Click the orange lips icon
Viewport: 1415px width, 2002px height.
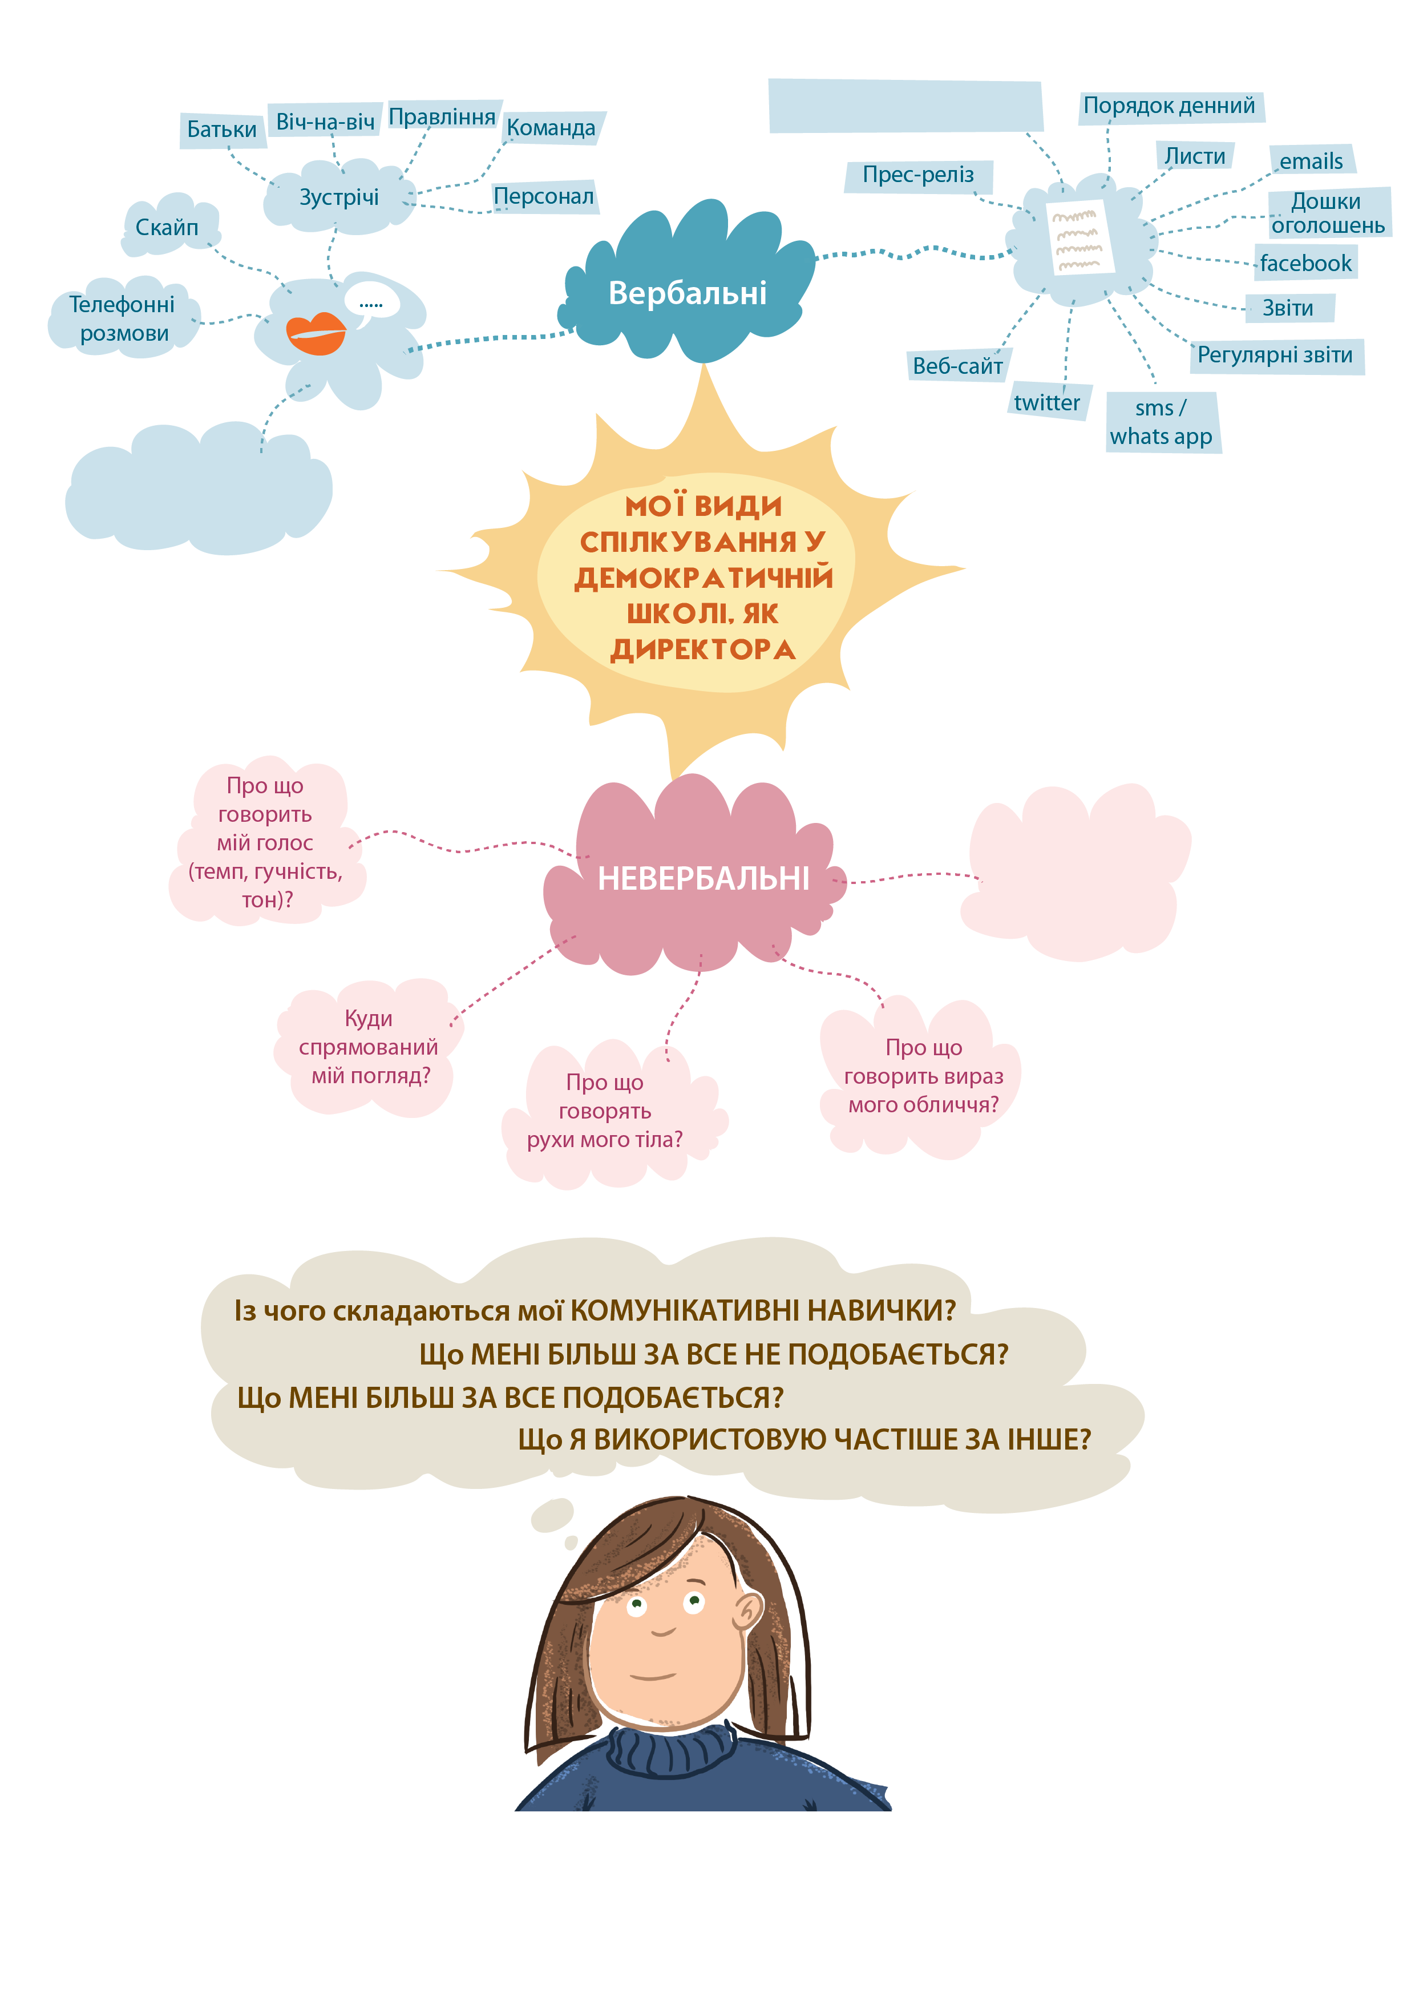[316, 332]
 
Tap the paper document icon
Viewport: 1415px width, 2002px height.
[1080, 237]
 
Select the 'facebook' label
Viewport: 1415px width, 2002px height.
[1305, 263]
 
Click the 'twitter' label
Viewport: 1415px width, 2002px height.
[1046, 403]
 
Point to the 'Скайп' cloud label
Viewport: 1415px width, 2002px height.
[167, 228]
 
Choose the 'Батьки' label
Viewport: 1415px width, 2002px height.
[221, 130]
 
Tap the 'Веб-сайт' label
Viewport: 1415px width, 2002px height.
[957, 366]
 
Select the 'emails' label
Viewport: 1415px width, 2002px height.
[1311, 162]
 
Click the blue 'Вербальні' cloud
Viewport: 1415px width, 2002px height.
[688, 292]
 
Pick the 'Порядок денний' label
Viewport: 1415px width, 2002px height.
[1169, 106]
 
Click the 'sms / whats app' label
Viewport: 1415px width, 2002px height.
[1161, 422]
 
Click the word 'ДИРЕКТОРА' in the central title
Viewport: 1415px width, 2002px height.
[703, 649]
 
